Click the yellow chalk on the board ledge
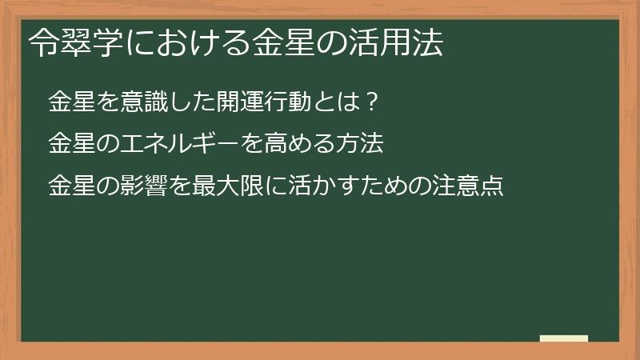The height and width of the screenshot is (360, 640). pyautogui.click(x=564, y=339)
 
